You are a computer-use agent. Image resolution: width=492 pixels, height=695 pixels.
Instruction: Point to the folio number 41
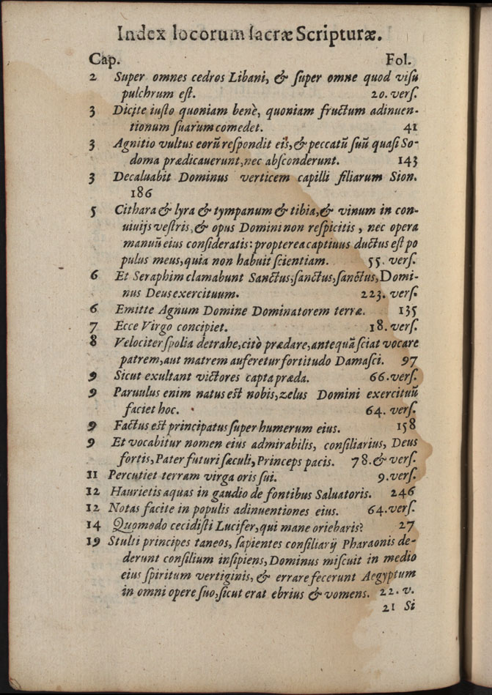[x=409, y=127]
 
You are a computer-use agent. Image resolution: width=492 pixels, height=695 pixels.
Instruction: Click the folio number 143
[x=407, y=160]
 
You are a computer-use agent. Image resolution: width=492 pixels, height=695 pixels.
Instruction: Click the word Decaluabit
[x=144, y=176]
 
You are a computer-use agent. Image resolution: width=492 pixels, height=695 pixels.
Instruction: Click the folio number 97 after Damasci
[x=410, y=360]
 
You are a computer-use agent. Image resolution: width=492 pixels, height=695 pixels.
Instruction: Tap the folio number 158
[x=406, y=425]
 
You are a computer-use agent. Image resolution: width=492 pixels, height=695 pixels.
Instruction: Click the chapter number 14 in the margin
[x=93, y=525]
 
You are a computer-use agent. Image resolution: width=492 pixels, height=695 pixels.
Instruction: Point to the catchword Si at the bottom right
[x=408, y=606]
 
